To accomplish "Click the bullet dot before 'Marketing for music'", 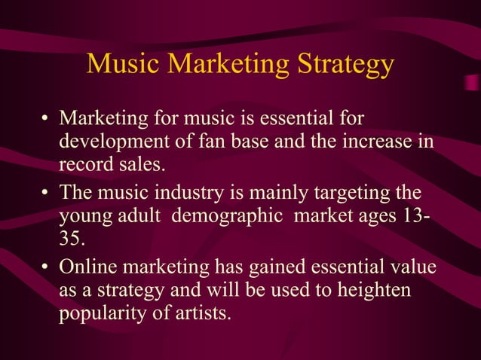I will [46, 120].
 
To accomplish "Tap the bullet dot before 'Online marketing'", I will [46, 268].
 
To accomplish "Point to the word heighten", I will [374, 290].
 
